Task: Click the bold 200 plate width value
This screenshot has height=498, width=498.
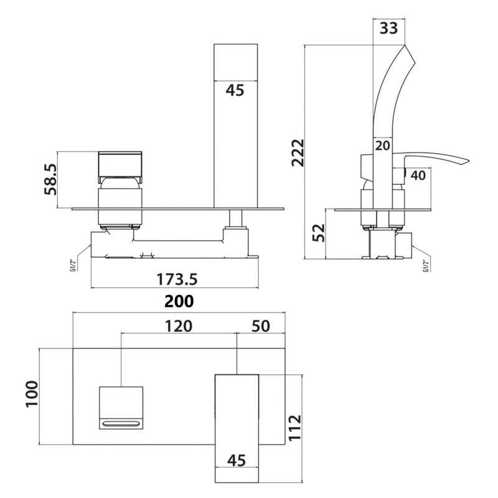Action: click(x=179, y=301)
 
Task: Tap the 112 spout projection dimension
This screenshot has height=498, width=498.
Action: click(x=295, y=429)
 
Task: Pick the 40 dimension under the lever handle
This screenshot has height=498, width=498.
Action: click(x=418, y=176)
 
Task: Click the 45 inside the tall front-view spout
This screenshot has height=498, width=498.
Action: click(x=235, y=90)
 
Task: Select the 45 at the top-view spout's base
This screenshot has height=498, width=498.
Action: click(x=236, y=460)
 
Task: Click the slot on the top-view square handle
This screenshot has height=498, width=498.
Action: click(x=121, y=424)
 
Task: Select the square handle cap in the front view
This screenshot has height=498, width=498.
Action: click(x=120, y=164)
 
